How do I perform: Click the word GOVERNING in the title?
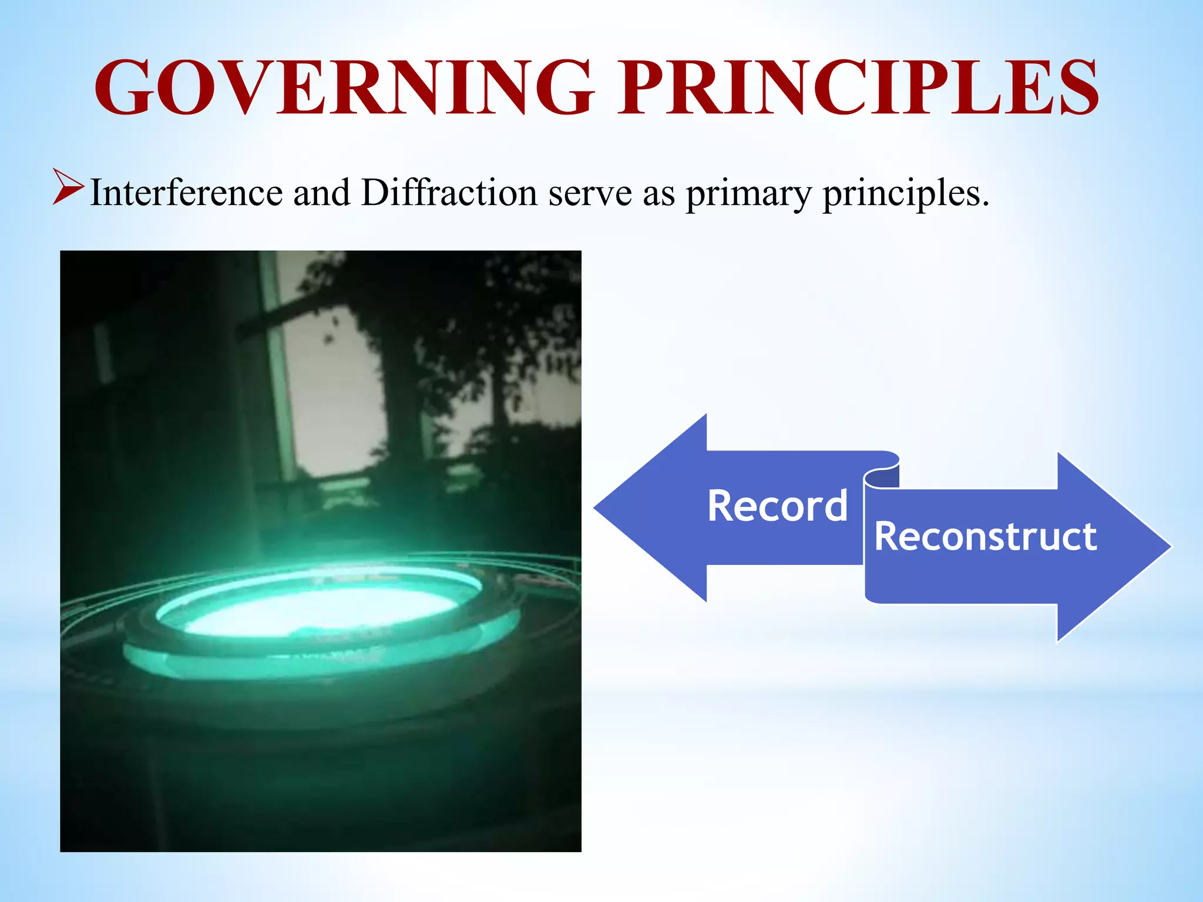[x=344, y=88]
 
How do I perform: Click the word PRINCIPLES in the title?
[x=858, y=88]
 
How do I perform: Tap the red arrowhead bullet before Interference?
[x=67, y=187]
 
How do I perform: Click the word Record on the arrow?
[x=777, y=506]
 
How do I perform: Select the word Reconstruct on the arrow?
[x=985, y=536]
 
